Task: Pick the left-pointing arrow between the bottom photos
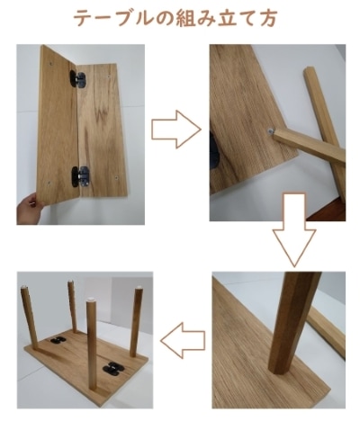182,340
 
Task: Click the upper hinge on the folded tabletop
81,80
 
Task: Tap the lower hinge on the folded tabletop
81,174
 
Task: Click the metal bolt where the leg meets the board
271,133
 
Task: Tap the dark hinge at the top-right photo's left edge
214,148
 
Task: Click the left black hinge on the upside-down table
57,342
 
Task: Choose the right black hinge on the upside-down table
114,366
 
